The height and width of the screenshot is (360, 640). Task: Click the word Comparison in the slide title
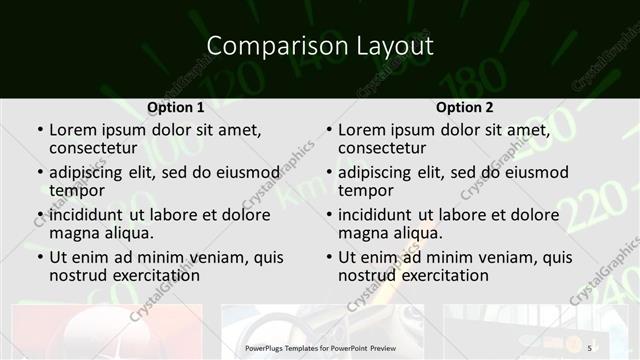263,46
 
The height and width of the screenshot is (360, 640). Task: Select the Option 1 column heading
175,108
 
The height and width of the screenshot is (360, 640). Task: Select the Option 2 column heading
464,108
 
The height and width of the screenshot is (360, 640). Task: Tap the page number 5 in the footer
590,347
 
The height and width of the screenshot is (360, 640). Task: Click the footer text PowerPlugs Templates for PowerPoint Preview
319,347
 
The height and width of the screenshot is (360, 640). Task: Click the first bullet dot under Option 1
39,130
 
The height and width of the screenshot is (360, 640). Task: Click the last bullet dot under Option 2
328,257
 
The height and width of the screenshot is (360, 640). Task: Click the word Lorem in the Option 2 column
361,130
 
